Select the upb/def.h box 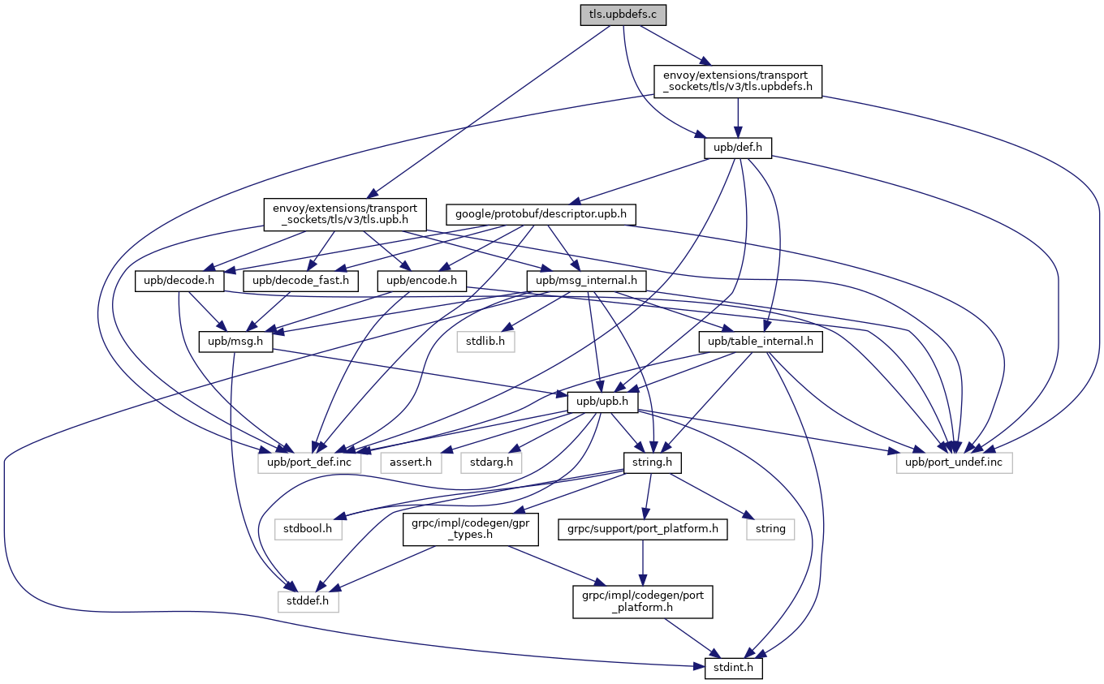point(737,149)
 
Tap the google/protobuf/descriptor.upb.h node point(541,215)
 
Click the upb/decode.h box point(179,282)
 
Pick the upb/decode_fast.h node point(301,282)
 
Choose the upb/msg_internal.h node point(587,282)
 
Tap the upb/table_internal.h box point(760,342)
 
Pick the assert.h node point(411,462)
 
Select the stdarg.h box point(491,462)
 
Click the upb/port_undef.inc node point(955,462)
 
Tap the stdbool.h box point(308,529)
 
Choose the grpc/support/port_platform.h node point(643,529)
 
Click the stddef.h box point(308,602)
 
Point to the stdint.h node point(728,669)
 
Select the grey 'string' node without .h point(770,529)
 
